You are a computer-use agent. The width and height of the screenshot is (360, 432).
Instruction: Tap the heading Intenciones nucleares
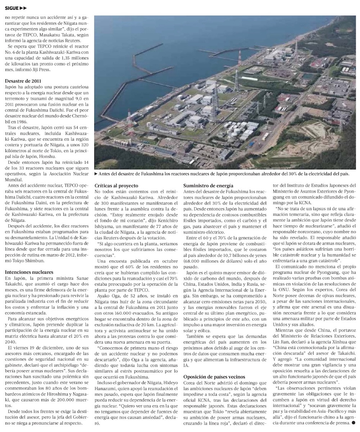[x=29, y=272]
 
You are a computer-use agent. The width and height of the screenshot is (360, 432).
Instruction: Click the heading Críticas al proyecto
[x=116, y=186]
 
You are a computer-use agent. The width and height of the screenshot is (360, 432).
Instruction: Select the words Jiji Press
[x=40, y=70]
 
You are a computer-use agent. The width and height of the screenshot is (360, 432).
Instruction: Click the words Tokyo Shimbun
[x=30, y=260]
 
